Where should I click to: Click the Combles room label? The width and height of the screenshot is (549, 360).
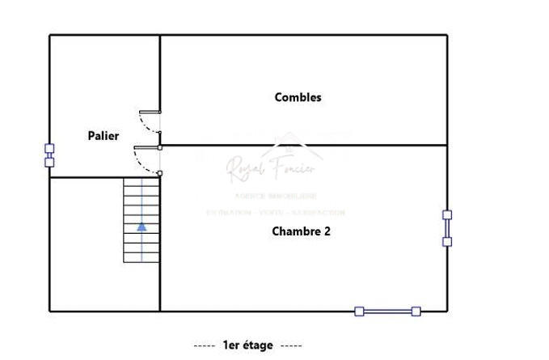click(298, 97)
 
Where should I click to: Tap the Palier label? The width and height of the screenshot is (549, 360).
click(103, 136)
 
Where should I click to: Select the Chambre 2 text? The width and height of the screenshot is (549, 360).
click(301, 231)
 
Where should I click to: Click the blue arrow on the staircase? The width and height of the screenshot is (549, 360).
click(142, 227)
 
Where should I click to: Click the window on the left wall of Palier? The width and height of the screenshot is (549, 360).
click(49, 155)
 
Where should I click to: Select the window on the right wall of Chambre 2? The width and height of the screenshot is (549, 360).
click(447, 228)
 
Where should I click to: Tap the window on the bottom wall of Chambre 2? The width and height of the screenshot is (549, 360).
click(387, 311)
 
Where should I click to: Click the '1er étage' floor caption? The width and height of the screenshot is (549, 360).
click(247, 345)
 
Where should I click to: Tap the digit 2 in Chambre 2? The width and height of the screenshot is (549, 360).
click(327, 231)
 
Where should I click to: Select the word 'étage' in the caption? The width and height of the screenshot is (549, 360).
click(258, 345)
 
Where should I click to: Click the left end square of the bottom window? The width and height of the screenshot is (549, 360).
click(359, 311)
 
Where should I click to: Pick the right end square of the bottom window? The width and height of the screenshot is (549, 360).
click(416, 311)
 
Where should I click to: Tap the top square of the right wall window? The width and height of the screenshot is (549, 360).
click(447, 215)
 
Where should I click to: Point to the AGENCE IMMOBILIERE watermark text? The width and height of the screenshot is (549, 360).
click(275, 197)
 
